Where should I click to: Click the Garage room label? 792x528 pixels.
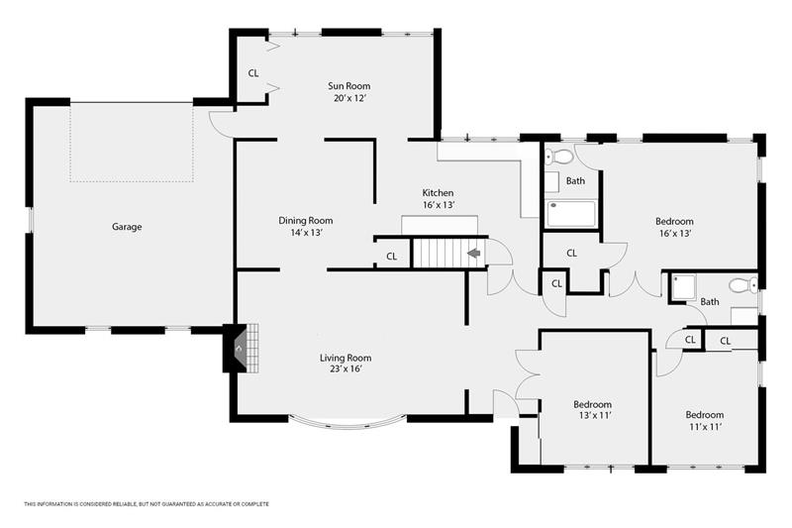127,227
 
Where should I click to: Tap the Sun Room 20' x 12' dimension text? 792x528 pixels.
349,98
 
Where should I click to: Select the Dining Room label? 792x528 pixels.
306,220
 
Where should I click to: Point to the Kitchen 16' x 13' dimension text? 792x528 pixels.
439,205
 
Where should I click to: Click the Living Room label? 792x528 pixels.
346,358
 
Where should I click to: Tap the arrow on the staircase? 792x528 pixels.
474,253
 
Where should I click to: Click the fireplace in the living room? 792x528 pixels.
242,348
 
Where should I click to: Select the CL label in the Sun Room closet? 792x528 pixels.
253,73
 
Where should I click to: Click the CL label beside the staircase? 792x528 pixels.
391,257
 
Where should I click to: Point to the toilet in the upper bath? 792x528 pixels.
558,157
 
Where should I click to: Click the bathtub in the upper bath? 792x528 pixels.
571,214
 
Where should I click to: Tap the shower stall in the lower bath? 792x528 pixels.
683,287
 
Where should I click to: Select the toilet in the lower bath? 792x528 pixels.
743,285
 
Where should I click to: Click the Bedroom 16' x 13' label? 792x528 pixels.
674,228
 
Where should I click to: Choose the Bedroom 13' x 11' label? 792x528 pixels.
592,410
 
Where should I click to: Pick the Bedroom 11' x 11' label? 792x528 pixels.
705,420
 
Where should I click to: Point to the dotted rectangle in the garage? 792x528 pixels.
132,143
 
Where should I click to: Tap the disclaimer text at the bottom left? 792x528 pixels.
147,504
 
